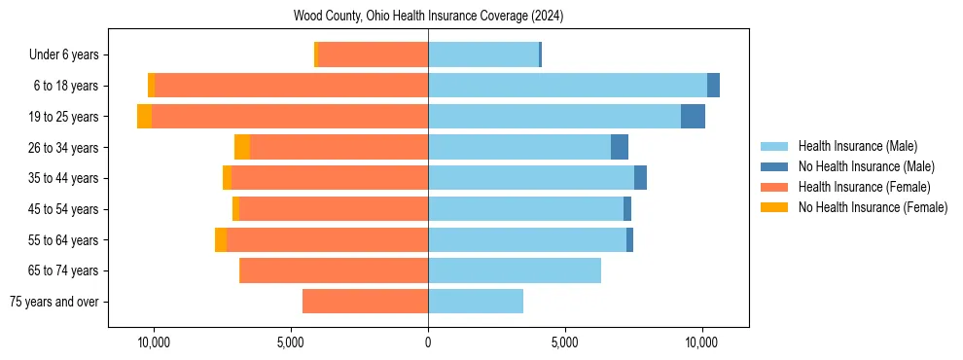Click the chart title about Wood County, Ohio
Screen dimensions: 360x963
pos(428,17)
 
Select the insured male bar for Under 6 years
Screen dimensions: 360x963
pos(483,54)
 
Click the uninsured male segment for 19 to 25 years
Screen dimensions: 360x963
pos(693,117)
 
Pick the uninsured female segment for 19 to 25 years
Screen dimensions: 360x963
pos(144,117)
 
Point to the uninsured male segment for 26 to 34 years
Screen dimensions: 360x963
pos(620,147)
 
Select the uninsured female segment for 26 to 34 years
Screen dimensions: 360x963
pos(242,147)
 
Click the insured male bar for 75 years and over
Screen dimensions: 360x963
pos(476,302)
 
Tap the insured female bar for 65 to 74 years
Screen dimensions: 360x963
pos(334,270)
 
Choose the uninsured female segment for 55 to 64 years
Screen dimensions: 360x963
pos(221,240)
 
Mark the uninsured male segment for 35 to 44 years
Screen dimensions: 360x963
pos(640,178)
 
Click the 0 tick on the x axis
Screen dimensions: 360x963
pos(428,342)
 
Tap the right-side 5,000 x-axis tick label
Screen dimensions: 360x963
pos(565,342)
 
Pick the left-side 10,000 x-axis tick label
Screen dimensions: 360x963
pos(154,342)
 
